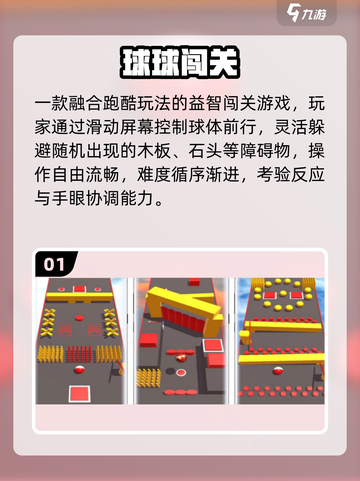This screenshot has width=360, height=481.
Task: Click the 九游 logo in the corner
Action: pyautogui.click(x=306, y=13)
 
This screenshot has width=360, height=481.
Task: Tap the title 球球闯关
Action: pyautogui.click(x=180, y=63)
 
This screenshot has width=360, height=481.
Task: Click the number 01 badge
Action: pyautogui.click(x=54, y=264)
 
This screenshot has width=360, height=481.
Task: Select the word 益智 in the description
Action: pyautogui.click(x=206, y=103)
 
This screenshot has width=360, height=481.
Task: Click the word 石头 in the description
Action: pyautogui.click(x=206, y=151)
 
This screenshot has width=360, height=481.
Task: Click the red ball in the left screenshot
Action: pyautogui.click(x=79, y=369)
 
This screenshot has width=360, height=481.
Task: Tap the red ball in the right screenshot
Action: pyautogui.click(x=278, y=370)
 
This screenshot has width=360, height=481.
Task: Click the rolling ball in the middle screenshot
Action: pyautogui.click(x=182, y=358)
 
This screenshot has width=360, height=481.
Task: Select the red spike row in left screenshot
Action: pyautogui.click(x=79, y=354)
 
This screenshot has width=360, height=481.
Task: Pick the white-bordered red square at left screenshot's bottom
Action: pyautogui.click(x=79, y=394)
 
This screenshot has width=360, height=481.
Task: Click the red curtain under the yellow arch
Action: pyautogui.click(x=183, y=319)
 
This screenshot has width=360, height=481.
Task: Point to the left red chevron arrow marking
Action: pyautogui.click(x=65, y=330)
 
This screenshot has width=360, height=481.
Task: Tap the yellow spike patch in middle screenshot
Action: pyautogui.click(x=149, y=378)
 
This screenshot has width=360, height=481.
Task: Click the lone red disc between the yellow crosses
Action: pyautogui.click(x=79, y=318)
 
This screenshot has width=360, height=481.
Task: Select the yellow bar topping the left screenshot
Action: pyautogui.click(x=79, y=297)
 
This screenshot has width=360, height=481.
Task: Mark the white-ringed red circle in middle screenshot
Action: pyautogui.click(x=181, y=372)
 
